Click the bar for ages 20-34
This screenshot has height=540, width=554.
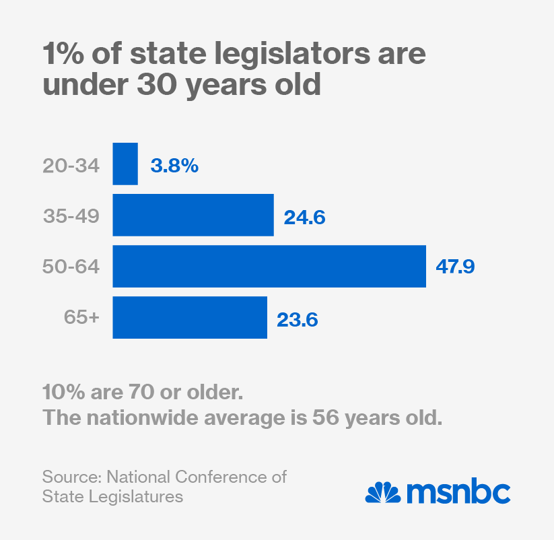pyautogui.click(x=125, y=164)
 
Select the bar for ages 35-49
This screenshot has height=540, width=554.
pyautogui.click(x=193, y=215)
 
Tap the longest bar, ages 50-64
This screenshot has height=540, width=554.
pyautogui.click(x=269, y=266)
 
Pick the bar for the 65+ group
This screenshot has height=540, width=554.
pyautogui.click(x=190, y=317)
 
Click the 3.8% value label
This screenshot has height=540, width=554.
pyautogui.click(x=174, y=165)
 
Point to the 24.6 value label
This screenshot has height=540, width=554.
pyautogui.click(x=304, y=216)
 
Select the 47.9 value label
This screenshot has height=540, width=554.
pyautogui.click(x=456, y=267)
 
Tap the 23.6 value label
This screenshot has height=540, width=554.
pyautogui.click(x=298, y=318)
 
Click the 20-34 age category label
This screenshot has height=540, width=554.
pyautogui.click(x=70, y=165)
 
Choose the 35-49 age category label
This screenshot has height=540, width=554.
pyautogui.click(x=71, y=216)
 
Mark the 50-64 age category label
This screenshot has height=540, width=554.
pyautogui.click(x=71, y=267)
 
